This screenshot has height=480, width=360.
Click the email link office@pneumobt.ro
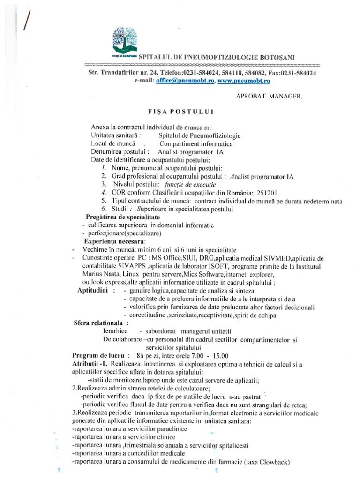(182, 81)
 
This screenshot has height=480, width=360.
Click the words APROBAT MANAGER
(269, 97)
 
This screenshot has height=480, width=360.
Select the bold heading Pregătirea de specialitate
(122, 217)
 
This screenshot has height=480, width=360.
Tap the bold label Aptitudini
(94, 291)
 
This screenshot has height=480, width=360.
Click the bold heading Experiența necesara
(119, 241)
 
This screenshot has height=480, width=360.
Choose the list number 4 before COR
(103, 193)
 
